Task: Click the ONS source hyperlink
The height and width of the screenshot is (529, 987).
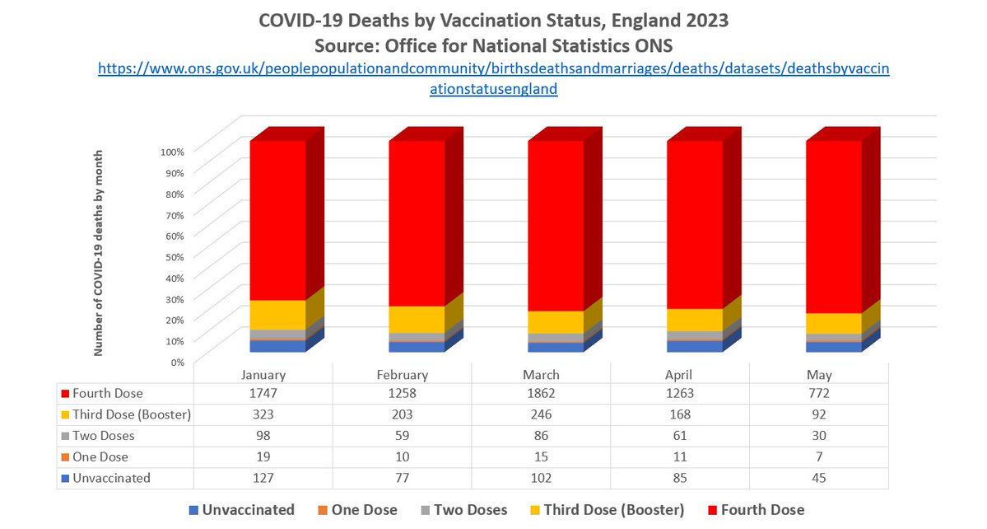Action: (x=493, y=79)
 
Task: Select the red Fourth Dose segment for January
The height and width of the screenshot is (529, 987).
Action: (x=278, y=219)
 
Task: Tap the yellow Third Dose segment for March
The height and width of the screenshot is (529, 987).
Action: (x=556, y=321)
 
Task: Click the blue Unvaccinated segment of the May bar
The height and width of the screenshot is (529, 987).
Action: (x=834, y=347)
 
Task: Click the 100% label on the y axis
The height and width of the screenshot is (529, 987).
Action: (x=176, y=152)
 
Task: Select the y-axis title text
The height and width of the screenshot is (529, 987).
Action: (x=99, y=253)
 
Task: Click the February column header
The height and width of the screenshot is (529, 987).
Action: (x=402, y=374)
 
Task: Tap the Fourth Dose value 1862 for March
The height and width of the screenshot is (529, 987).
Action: (x=541, y=394)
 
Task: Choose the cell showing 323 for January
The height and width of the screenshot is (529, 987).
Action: (x=263, y=414)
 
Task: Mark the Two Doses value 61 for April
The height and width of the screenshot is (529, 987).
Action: (x=680, y=435)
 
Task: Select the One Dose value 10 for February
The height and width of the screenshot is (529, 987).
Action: (x=402, y=456)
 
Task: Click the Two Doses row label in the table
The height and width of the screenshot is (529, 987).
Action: (x=103, y=435)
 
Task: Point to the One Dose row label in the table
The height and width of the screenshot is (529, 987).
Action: (x=100, y=456)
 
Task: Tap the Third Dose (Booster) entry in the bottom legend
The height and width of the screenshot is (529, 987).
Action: (x=613, y=509)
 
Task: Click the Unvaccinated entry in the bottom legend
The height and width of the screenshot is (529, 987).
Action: (x=244, y=509)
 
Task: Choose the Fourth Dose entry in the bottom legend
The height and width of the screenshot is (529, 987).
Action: (x=761, y=509)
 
